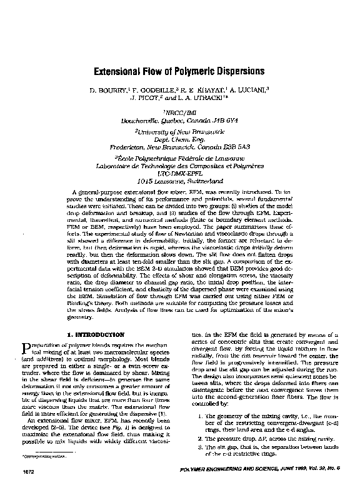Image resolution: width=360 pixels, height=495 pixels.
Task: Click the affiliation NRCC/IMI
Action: [180, 113]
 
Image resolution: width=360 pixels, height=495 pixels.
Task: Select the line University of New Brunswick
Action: [180, 133]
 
